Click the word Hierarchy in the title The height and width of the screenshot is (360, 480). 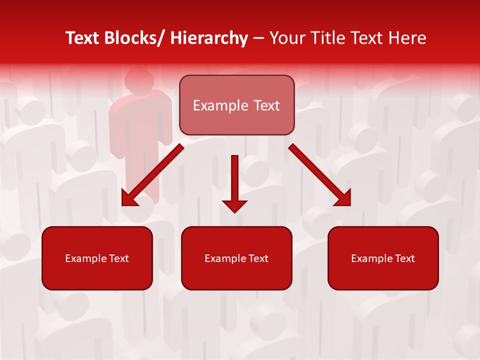click(x=209, y=38)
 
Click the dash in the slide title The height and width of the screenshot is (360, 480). click(x=258, y=39)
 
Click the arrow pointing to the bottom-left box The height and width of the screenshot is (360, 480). click(x=152, y=175)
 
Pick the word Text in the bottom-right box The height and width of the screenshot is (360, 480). click(x=403, y=258)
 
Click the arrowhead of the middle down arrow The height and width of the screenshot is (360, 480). click(x=234, y=205)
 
